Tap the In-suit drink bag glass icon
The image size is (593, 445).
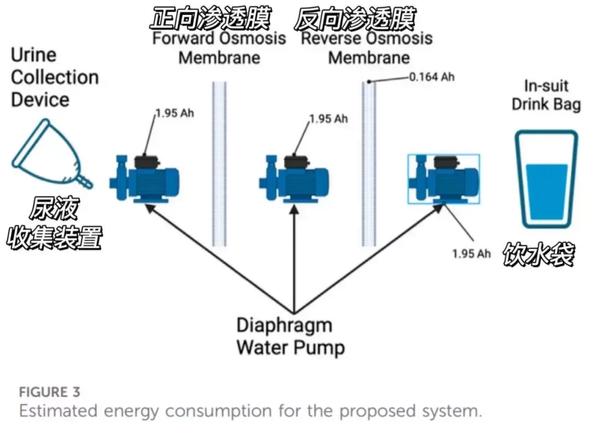(546, 179)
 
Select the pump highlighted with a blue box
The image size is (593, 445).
(444, 179)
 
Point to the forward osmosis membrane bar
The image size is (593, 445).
(219, 164)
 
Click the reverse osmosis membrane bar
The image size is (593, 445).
(369, 164)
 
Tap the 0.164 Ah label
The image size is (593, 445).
(432, 77)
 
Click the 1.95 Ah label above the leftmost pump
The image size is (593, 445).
(175, 113)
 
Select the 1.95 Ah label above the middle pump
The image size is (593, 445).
(328, 119)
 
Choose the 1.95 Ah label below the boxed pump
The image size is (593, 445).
(471, 253)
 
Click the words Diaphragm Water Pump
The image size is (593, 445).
(290, 336)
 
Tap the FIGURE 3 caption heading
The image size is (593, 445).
(49, 392)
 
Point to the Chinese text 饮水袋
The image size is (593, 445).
(539, 254)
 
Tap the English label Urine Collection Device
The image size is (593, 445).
(55, 77)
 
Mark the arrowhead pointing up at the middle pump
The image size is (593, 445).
(294, 209)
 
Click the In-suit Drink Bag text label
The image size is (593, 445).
(546, 95)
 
